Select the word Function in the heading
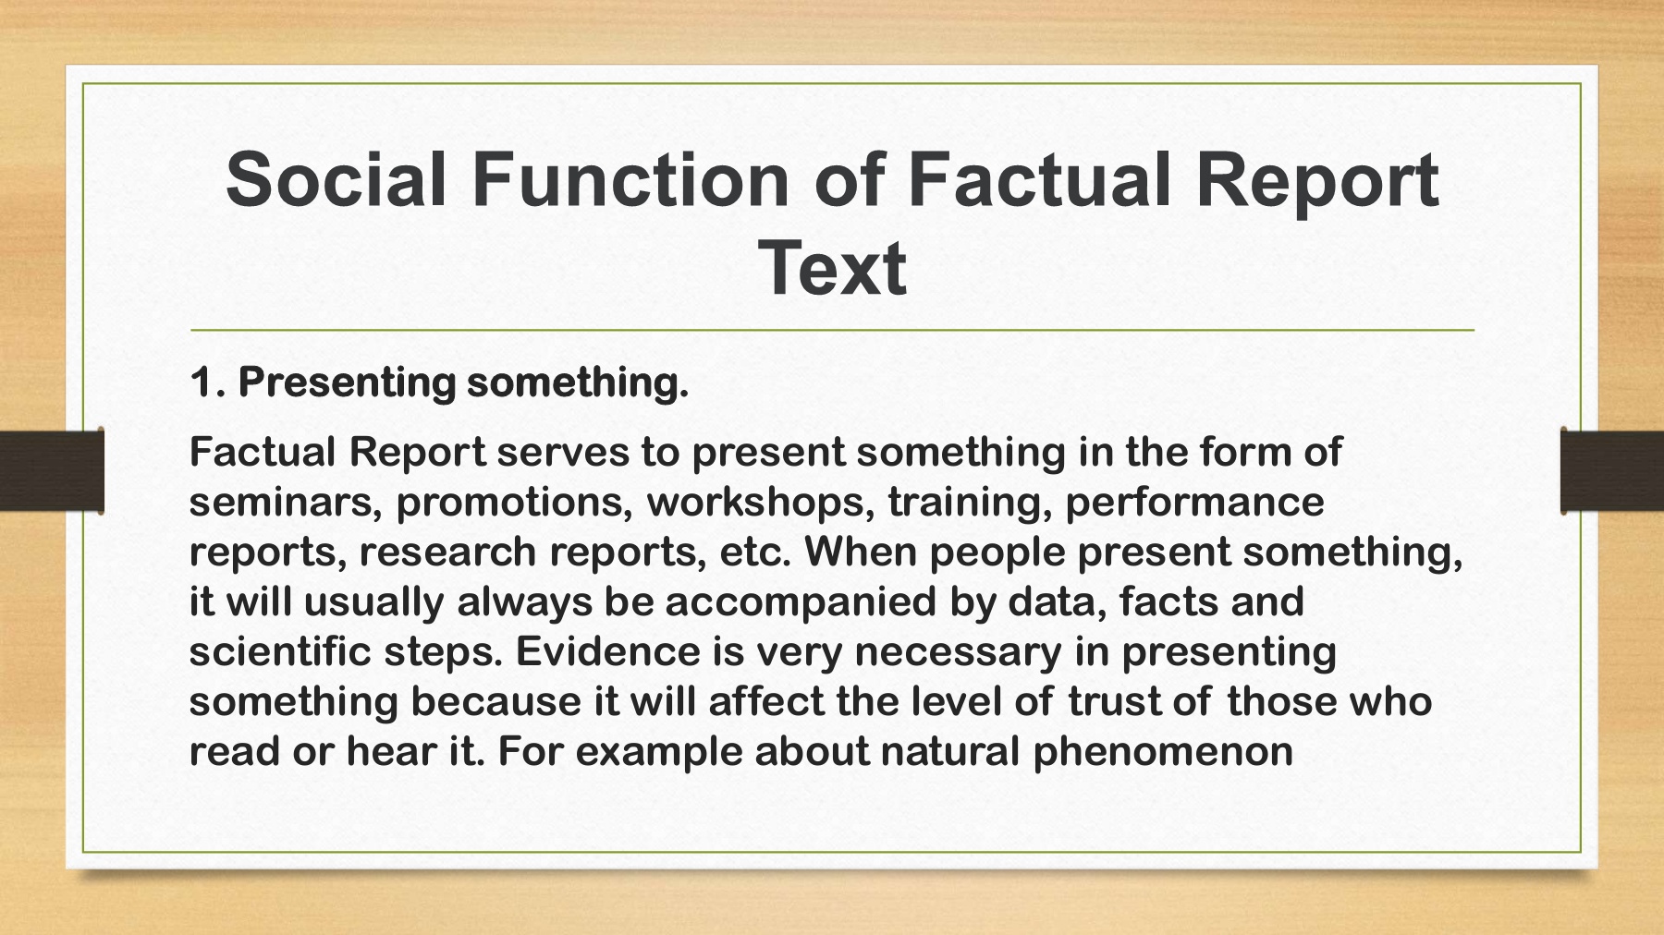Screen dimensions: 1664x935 pos(630,179)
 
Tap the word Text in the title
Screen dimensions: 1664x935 pos(832,268)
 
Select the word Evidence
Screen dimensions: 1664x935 pos(607,651)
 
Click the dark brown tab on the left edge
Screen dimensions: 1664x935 pos(52,470)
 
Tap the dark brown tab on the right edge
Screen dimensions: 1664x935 pos(1612,470)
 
